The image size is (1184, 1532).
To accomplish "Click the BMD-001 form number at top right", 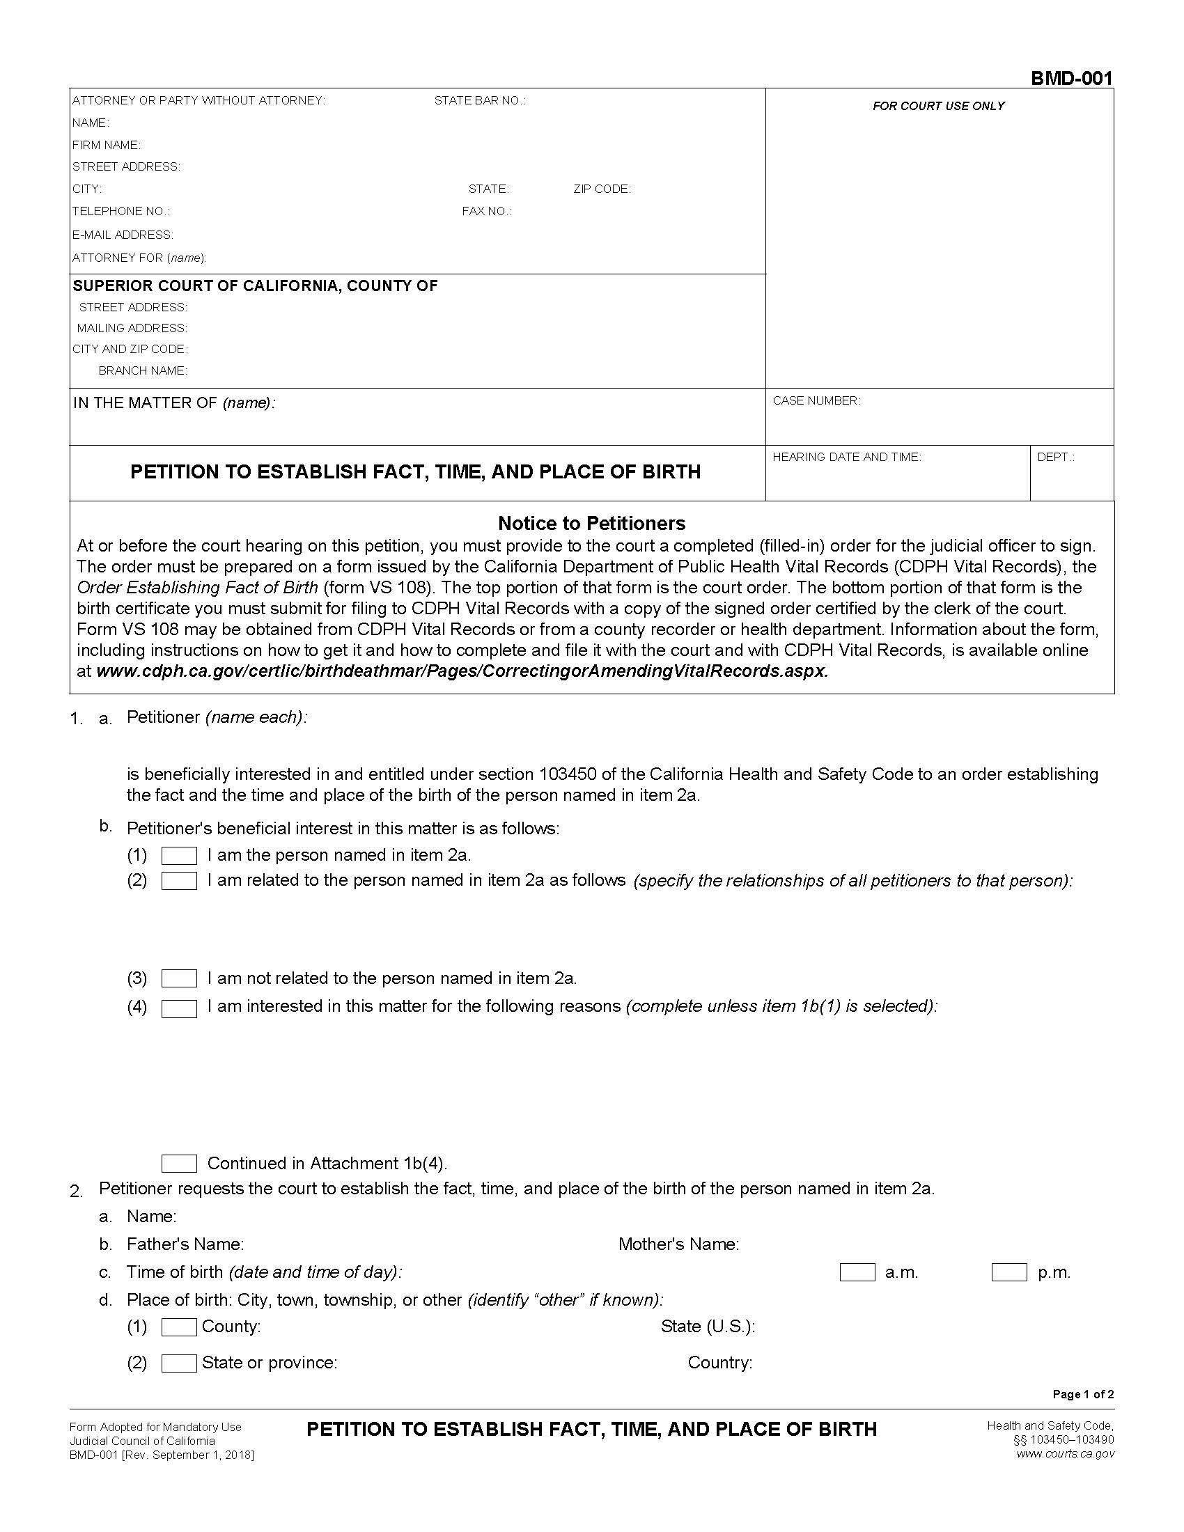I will click(1071, 78).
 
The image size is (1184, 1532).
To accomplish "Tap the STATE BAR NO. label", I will click(480, 100).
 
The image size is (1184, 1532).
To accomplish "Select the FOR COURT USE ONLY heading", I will click(939, 106).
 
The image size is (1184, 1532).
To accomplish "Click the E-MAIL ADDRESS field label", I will click(123, 234).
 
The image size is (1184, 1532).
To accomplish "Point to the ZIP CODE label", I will click(602, 189).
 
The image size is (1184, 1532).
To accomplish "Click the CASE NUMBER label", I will click(816, 400).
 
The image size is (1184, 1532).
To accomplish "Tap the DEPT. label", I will click(1056, 457).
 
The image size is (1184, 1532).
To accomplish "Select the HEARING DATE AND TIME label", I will click(847, 457).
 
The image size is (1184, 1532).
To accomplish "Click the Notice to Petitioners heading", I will click(591, 522).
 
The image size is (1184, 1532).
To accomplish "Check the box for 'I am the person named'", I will click(179, 855).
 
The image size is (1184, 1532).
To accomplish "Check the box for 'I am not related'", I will click(179, 978).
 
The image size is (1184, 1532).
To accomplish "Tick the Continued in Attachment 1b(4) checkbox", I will click(179, 1164).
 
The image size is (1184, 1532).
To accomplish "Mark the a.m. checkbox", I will click(857, 1272).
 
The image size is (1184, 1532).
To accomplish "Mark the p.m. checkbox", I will click(1009, 1272).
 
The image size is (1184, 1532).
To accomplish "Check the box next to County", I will click(179, 1327).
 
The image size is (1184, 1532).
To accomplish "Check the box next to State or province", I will click(179, 1363).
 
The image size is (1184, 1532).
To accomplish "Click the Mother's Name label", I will click(678, 1244).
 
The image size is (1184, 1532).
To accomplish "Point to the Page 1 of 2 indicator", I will click(1083, 1394).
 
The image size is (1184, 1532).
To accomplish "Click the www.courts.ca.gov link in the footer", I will click(1065, 1453).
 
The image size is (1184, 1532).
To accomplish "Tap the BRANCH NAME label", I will click(143, 370).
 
